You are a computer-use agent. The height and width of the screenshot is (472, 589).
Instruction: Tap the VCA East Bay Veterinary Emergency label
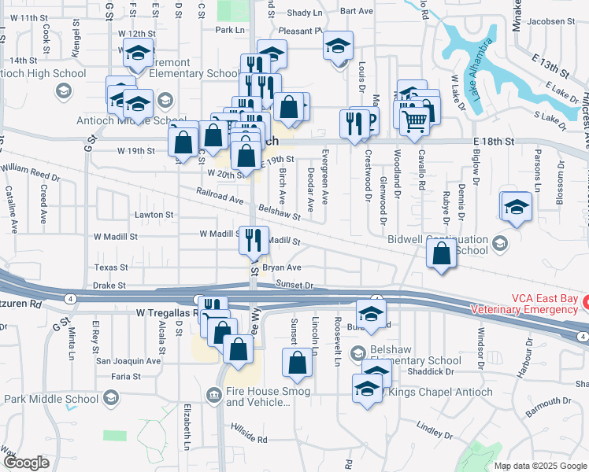pos(527,304)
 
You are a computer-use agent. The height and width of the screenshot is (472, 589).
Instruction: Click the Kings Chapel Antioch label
pos(441,393)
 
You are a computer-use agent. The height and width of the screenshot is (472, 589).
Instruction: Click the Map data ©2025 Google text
pos(540,466)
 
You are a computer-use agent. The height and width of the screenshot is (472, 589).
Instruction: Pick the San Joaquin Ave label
pos(128,361)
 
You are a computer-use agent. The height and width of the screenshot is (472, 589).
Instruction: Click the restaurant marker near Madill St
pos(254,239)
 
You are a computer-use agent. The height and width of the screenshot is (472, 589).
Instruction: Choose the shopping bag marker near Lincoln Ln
pos(298,363)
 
